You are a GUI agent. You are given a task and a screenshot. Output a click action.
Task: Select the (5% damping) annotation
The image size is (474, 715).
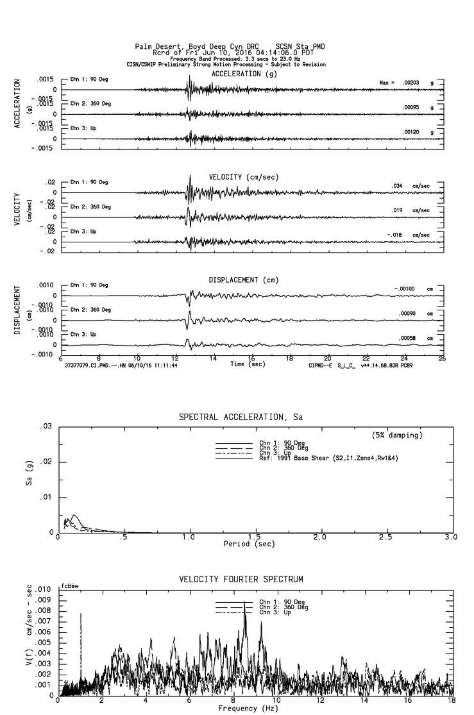[x=398, y=435]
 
